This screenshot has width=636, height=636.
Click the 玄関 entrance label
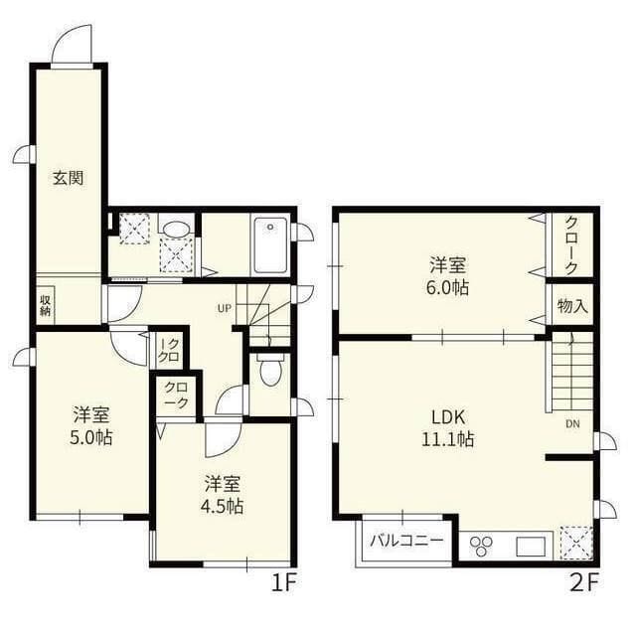pos(68,179)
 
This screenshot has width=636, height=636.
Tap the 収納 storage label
pos(46,304)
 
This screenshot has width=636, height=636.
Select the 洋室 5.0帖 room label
pos(91,424)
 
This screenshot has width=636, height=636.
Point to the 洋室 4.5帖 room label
pos(224,494)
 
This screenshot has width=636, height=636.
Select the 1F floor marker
pos(284,582)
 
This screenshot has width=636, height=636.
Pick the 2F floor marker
pos(585,582)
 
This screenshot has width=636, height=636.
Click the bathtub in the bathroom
pos(269,245)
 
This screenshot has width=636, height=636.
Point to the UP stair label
pos(225,308)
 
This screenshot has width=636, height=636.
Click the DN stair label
pos(573,424)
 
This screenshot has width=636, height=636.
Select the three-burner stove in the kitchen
pos(481,546)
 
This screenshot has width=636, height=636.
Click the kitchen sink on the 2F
pos(529,546)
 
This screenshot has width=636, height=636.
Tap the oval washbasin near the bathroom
pos(176,230)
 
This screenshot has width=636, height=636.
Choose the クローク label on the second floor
pos(572,245)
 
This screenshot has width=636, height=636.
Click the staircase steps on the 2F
pos(571,374)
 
